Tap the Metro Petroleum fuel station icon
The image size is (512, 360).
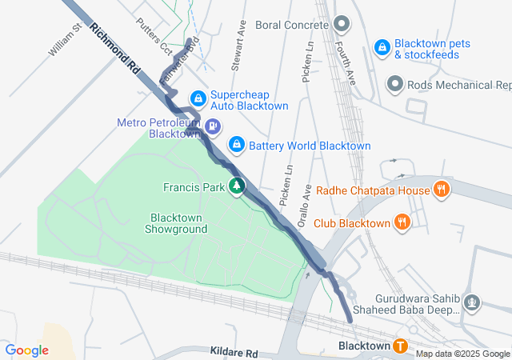(x=213, y=126)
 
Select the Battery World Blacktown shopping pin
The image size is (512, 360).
(x=237, y=145)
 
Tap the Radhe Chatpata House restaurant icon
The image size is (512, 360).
(x=440, y=190)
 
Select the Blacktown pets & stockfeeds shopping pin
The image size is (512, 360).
(x=382, y=48)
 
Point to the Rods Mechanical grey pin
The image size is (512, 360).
(x=394, y=83)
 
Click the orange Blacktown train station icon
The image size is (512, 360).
(x=399, y=346)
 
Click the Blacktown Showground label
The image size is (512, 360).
(x=176, y=223)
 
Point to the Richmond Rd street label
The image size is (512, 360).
(x=116, y=49)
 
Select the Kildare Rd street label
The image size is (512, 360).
(x=234, y=352)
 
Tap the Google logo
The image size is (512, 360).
(x=27, y=350)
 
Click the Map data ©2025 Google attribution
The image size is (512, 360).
(x=462, y=354)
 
